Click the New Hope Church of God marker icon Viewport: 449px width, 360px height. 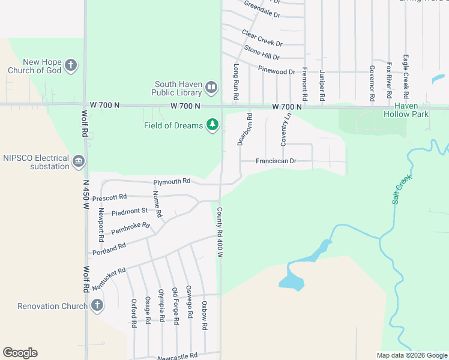(71, 65)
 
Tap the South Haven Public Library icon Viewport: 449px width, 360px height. (211, 88)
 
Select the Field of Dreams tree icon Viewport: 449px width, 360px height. (212, 125)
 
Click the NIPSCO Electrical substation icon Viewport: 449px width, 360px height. (79, 161)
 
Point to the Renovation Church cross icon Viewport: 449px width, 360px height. (97, 306)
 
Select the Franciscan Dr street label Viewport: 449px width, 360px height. (276, 161)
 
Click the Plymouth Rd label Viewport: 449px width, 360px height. (172, 181)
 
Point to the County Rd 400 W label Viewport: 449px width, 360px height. (220, 233)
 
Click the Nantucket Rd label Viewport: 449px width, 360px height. (109, 280)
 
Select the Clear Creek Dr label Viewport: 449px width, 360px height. (262, 38)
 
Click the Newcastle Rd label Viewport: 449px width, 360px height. (177, 357)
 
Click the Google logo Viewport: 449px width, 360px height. (20, 353)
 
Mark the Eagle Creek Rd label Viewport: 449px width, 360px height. (406, 76)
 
